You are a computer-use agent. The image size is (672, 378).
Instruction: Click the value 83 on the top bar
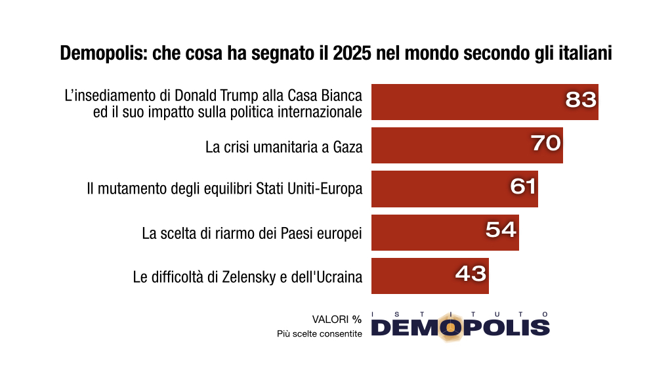[x=581, y=100]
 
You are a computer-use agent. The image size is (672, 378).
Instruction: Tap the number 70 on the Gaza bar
[x=545, y=143]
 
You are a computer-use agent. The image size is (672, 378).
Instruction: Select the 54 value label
[x=501, y=230]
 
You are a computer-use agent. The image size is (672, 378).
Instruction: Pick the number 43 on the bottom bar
[x=471, y=273]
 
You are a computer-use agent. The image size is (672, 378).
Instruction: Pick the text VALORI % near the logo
[x=337, y=320]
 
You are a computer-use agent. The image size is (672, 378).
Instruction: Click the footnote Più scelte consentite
[x=319, y=334]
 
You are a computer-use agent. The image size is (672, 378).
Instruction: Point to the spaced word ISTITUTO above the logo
[x=459, y=314]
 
